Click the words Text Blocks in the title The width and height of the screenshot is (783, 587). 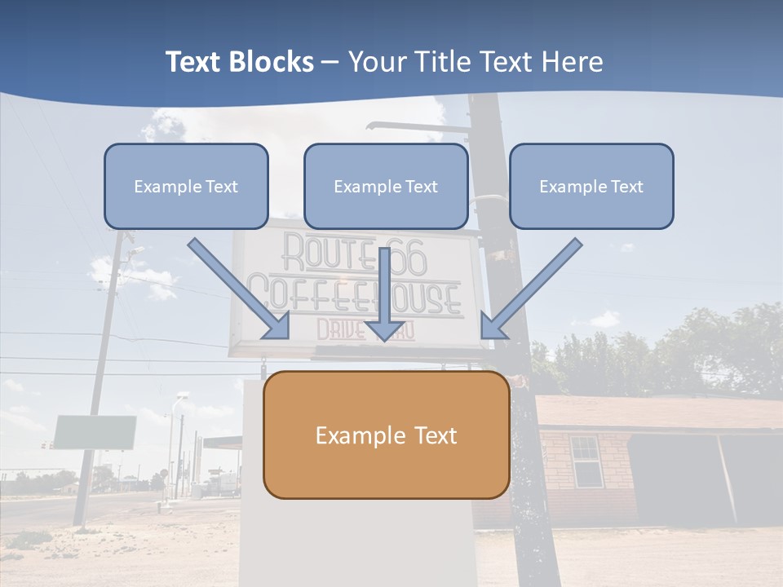point(239,62)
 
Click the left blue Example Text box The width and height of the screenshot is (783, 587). point(186,187)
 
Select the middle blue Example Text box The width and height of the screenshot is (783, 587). point(386,187)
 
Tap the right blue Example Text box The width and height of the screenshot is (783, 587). point(591,187)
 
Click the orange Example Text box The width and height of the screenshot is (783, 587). point(386,435)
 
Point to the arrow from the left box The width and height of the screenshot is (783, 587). point(241,290)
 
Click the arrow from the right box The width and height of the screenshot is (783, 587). point(530,290)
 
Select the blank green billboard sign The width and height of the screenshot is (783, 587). point(95,432)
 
